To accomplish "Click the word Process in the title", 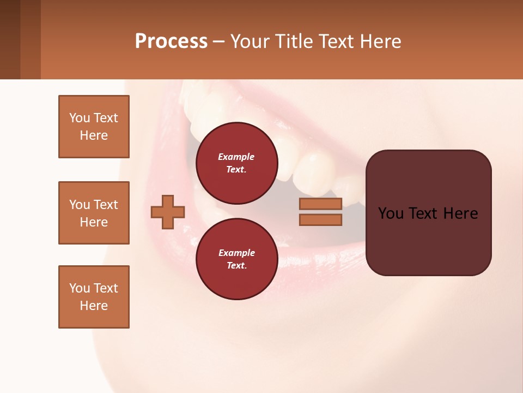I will [x=171, y=41].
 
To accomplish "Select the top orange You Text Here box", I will [x=94, y=127].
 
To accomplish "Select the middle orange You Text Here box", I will [x=94, y=213].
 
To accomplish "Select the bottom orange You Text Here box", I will [x=94, y=297].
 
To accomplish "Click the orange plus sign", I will [x=168, y=212].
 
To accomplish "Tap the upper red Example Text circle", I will [x=236, y=163].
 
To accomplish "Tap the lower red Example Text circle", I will [x=236, y=259].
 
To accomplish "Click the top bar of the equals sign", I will [x=320, y=204].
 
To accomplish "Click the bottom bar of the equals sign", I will [x=320, y=220].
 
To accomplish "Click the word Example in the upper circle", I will [x=236, y=157].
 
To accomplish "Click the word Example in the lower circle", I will [x=236, y=253].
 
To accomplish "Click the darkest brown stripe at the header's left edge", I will [x=10, y=39].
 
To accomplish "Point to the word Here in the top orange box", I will [x=94, y=135].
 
